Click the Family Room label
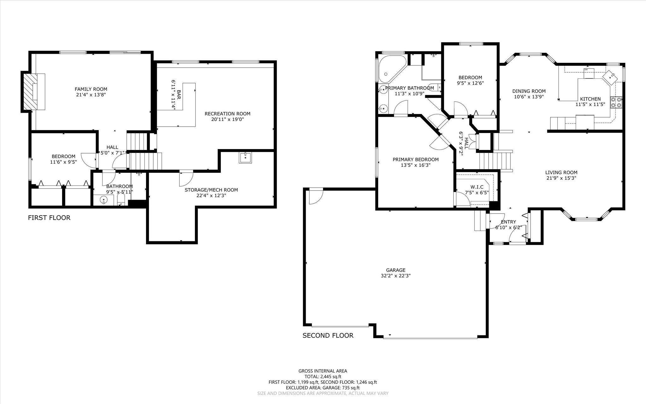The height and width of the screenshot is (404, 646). (91, 89)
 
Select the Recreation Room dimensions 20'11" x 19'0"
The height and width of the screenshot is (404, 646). (227, 119)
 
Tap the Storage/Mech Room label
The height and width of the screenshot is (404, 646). (211, 190)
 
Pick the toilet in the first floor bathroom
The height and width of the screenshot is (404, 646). (121, 199)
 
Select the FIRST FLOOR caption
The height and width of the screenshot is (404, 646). (49, 218)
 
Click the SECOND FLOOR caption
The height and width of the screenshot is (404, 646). (328, 335)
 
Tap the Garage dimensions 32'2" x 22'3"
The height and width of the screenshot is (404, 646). (396, 276)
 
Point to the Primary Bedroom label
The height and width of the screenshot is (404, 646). (415, 160)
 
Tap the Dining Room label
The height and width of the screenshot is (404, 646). (529, 91)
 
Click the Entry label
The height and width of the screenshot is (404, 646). (508, 222)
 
